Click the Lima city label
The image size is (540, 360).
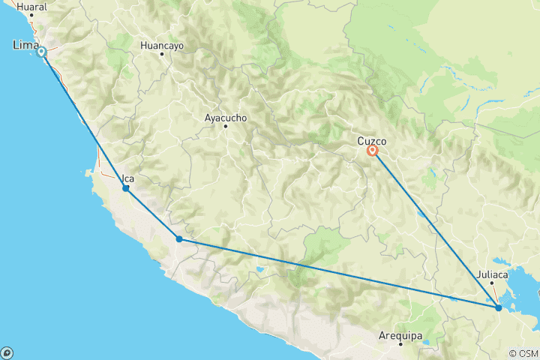[x=25, y=46]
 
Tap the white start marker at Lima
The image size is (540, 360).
[x=42, y=52]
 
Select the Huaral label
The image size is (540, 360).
[x=31, y=6]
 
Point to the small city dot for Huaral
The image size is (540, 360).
[x=31, y=14]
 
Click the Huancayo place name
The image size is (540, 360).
[x=161, y=45]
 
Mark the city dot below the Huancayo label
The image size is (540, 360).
[x=161, y=54]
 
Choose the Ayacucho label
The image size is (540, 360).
[x=225, y=118]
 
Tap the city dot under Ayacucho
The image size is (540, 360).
[x=225, y=126]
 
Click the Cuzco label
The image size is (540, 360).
[x=371, y=139]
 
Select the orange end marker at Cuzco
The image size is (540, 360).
[x=373, y=151]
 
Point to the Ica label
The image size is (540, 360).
[x=128, y=178]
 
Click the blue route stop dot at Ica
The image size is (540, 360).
[x=126, y=188]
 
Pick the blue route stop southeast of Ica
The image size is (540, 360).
[x=179, y=239]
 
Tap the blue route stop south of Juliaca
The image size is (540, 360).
[x=499, y=307]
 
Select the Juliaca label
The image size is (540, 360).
[x=493, y=274]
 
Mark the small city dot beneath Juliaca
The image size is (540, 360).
[x=492, y=283]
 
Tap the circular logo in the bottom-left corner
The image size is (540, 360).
[x=7, y=352]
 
